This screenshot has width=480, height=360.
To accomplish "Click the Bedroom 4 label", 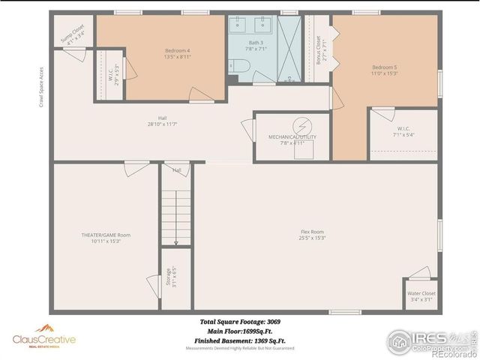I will pyautogui.click(x=177, y=50).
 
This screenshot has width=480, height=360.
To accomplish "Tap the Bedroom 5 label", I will pyautogui.click(x=384, y=67).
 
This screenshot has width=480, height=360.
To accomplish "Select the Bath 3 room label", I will pyautogui.click(x=256, y=43).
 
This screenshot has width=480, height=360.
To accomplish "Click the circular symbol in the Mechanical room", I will pyautogui.click(x=303, y=124).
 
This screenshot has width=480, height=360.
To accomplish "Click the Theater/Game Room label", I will pyautogui.click(x=106, y=235).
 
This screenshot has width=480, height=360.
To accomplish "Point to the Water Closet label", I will pyautogui.click(x=421, y=293).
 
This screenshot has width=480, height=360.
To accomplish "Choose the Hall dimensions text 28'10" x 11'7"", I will pyautogui.click(x=162, y=124).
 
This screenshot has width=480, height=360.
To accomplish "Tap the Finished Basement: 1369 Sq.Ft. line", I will pyautogui.click(x=240, y=340).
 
